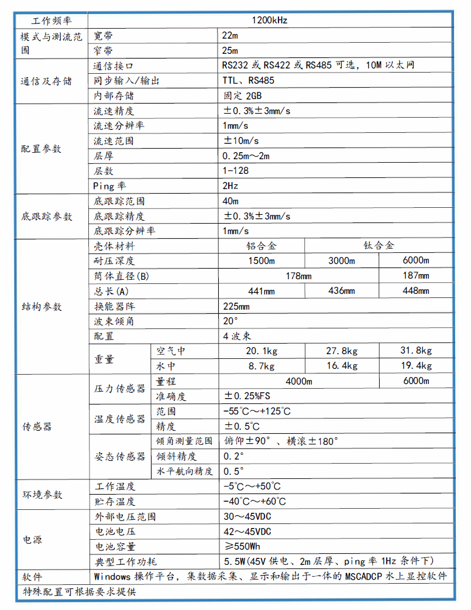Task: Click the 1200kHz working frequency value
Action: pos(270,20)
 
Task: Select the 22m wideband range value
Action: pos(231,35)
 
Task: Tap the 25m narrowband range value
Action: pos(231,50)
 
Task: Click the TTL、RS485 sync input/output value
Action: pos(249,81)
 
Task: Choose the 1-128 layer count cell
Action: pos(236,171)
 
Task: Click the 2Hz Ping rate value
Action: pos(231,186)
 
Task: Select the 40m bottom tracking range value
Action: pos(231,201)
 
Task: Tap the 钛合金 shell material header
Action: pos(379,246)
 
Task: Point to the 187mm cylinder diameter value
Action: pos(416,276)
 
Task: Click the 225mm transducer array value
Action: pos(236,306)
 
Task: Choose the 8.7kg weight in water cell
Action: pos(261,366)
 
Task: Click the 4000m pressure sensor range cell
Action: pos(298,381)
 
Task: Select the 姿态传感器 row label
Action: pos(120,456)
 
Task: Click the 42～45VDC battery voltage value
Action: pos(247,532)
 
